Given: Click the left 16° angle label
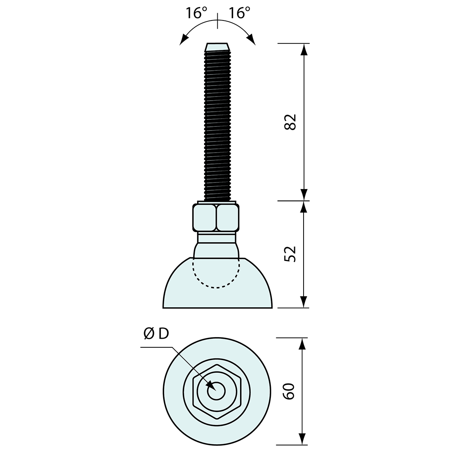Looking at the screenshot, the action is [197, 13].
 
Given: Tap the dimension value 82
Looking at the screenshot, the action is [290, 122].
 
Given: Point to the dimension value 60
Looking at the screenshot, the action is [289, 391].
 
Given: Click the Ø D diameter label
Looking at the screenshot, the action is [156, 334].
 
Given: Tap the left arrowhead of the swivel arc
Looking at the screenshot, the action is [183, 40].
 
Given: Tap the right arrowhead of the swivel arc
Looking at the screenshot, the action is [252, 40].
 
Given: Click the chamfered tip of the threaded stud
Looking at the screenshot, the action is [217, 47].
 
